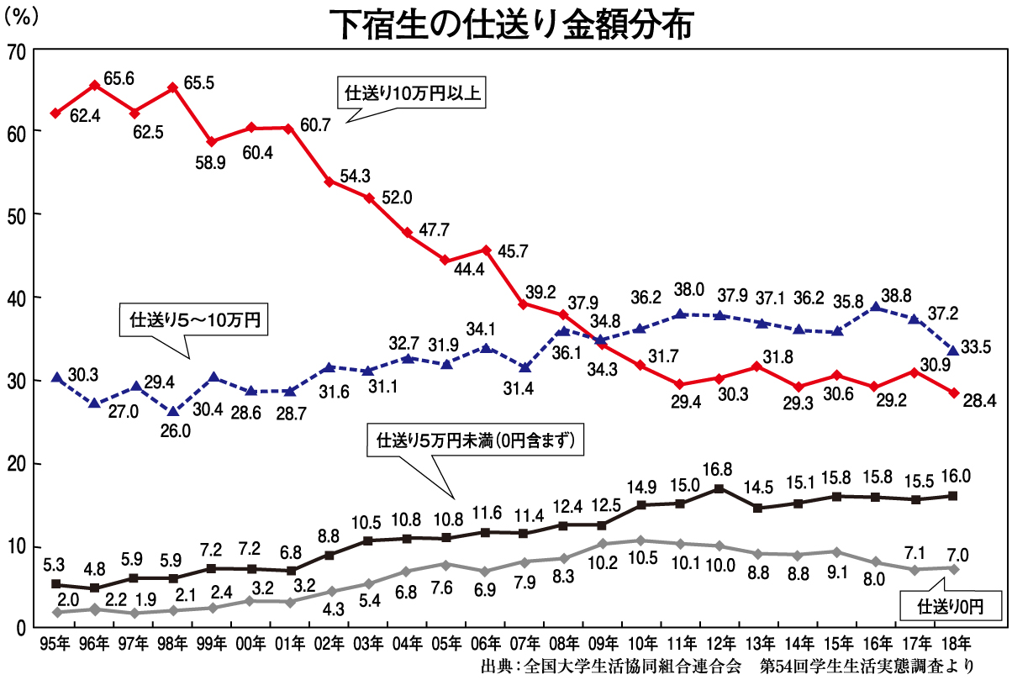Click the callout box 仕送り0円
949,604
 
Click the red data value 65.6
119,78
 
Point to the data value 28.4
979,400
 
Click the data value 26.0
175,430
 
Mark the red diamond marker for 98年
173,87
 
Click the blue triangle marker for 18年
953,351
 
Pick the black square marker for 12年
719,488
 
